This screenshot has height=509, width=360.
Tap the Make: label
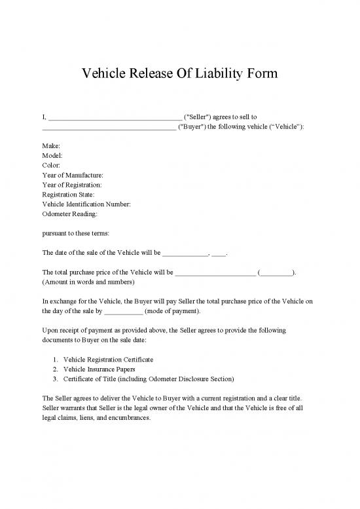(x=52, y=145)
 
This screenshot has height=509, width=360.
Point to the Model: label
(x=53, y=155)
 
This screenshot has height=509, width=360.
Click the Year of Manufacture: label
(x=73, y=175)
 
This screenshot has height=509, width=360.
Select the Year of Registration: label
(x=71, y=185)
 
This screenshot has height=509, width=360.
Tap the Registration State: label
(x=68, y=195)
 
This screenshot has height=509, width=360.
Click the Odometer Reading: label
(x=70, y=214)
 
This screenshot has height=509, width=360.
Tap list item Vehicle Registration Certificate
(x=108, y=360)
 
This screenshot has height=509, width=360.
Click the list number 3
(x=56, y=379)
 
